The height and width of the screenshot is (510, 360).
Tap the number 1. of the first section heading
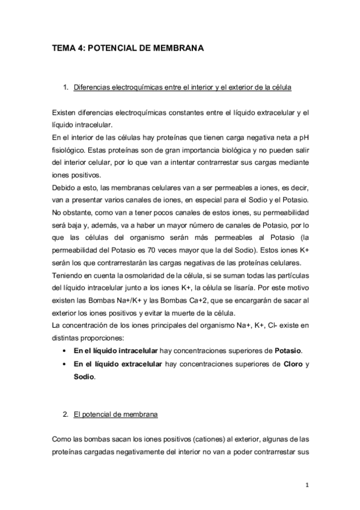coord(66,88)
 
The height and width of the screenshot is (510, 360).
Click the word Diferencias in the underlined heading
coord(91,88)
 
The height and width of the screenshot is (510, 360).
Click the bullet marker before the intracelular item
coord(64,351)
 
